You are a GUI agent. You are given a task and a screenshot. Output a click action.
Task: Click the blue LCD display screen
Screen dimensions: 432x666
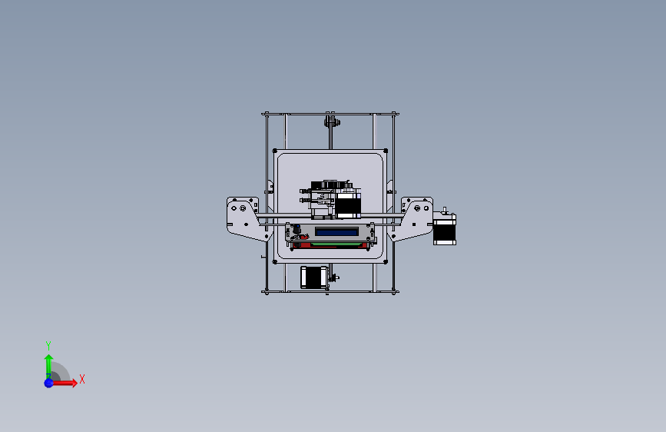(x=336, y=231)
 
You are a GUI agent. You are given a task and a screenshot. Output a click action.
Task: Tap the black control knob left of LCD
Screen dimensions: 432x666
(x=295, y=229)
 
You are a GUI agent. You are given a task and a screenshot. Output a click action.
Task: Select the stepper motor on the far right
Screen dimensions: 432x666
(x=445, y=230)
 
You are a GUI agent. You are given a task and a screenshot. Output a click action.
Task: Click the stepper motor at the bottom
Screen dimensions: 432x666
(x=311, y=277)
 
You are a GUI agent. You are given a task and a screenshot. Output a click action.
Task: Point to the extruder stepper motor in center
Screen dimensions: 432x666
(x=347, y=205)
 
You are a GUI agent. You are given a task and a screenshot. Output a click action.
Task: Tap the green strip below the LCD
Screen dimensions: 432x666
(x=336, y=244)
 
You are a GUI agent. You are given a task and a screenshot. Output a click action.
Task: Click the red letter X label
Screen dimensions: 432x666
(x=81, y=379)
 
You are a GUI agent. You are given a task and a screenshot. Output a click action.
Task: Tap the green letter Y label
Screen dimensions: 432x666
(x=48, y=345)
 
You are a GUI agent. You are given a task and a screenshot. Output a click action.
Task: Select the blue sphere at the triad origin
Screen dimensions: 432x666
(x=48, y=382)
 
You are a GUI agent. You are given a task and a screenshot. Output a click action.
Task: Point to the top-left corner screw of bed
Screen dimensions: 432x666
(x=276, y=151)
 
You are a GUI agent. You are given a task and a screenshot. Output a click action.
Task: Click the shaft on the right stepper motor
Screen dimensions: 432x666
(x=445, y=209)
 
